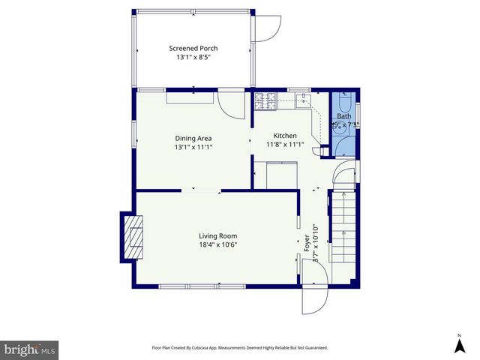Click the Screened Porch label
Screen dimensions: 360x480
point(193,49)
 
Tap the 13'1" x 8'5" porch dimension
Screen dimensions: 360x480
point(193,58)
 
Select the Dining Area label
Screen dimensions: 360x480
point(193,138)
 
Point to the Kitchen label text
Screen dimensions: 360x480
point(285,136)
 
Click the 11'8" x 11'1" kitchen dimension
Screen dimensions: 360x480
point(285,145)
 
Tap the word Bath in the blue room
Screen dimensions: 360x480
point(343,116)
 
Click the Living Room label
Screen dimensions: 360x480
point(218,235)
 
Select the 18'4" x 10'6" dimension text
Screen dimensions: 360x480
point(218,244)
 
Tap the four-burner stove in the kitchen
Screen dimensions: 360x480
point(265,100)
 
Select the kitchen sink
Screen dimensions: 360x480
point(303,100)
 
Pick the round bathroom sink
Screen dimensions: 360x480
point(336,126)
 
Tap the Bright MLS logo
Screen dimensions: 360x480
point(29,349)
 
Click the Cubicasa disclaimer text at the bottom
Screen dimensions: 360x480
point(239,348)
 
